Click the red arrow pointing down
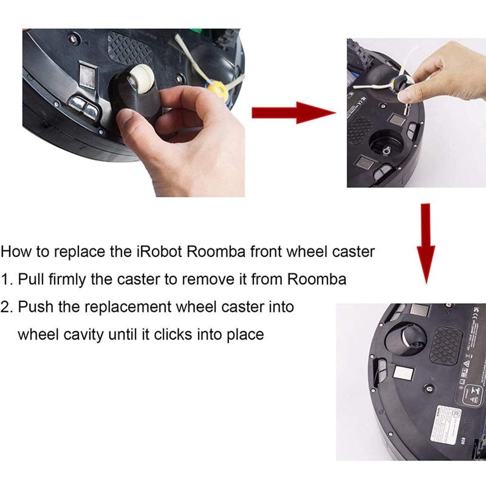[426, 243]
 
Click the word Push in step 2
[36, 307]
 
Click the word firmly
[72, 279]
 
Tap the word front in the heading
[265, 252]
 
